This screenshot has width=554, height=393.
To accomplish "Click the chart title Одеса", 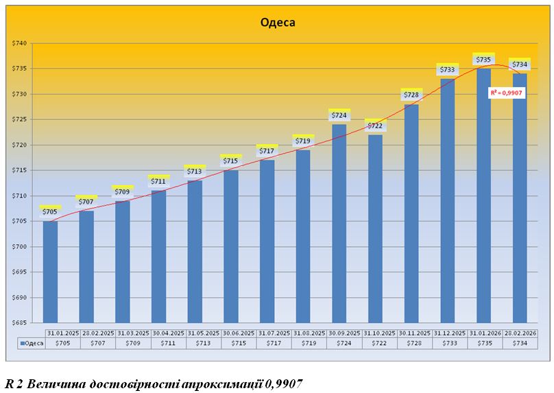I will point(278,22).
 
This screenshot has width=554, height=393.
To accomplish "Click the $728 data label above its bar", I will point(411,95).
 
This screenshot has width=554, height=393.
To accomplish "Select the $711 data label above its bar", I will point(158,182).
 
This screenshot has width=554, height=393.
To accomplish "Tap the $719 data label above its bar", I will point(303,141).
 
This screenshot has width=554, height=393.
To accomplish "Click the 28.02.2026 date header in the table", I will point(520,333).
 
